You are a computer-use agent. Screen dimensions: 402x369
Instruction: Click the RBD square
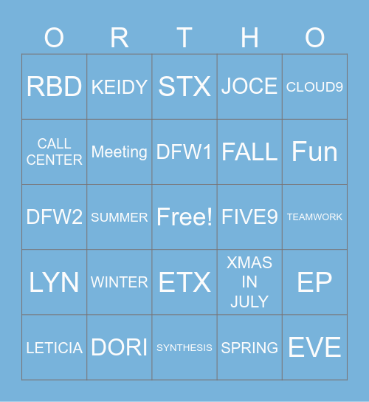point(54,86)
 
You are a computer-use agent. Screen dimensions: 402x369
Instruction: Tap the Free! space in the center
point(184,217)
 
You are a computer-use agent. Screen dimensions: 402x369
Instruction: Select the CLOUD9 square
point(314,86)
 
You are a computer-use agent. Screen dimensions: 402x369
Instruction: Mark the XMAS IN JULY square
point(249,282)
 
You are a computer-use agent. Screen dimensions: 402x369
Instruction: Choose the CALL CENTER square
point(54,151)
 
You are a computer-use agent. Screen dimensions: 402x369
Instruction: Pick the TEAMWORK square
point(314,217)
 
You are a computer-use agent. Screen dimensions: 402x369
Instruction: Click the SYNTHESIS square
point(184,347)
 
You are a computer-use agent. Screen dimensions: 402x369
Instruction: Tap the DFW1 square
point(184,151)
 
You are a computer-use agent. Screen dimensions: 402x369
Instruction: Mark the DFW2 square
point(54,217)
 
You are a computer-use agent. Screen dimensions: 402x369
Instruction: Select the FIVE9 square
point(249,217)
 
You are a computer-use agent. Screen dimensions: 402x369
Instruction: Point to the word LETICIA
point(54,347)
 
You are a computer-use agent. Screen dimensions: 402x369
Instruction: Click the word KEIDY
point(120,86)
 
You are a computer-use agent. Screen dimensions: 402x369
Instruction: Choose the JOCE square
point(249,86)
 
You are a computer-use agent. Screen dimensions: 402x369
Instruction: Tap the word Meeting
point(120,151)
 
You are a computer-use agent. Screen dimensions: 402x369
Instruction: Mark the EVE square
point(314,347)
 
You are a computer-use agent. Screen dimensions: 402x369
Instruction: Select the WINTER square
point(120,282)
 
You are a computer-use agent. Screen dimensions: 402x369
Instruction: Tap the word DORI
point(120,347)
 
